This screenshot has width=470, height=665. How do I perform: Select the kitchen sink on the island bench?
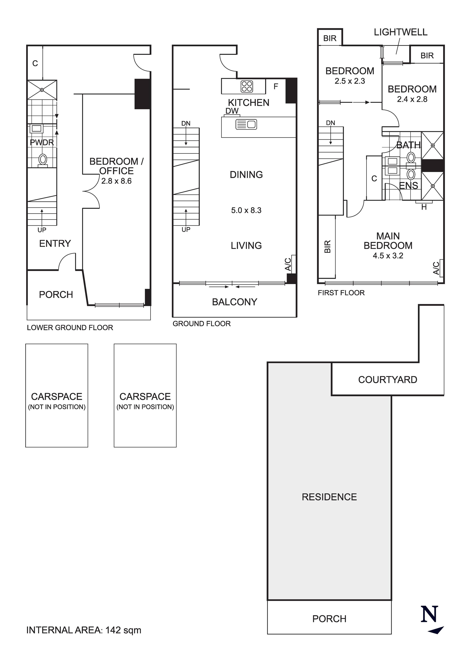click(246, 125)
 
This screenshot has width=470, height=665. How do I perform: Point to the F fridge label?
click(276, 86)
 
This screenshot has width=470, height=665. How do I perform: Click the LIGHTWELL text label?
click(400, 32)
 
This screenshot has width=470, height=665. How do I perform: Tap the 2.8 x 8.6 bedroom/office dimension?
click(116, 181)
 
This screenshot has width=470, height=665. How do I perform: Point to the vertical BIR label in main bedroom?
click(327, 247)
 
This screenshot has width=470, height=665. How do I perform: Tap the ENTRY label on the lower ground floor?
click(55, 244)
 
